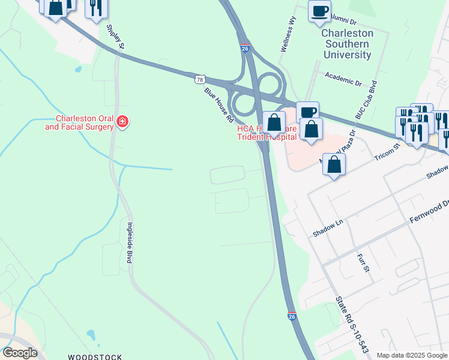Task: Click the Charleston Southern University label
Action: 347,44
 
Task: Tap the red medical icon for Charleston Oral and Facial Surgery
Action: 122,122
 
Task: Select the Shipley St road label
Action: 115,37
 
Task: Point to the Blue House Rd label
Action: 218,106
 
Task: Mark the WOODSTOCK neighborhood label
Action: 95,356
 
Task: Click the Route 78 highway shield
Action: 200,79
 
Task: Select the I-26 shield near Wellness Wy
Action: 245,49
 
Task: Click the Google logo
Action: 20,353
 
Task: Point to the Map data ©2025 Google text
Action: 411,355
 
